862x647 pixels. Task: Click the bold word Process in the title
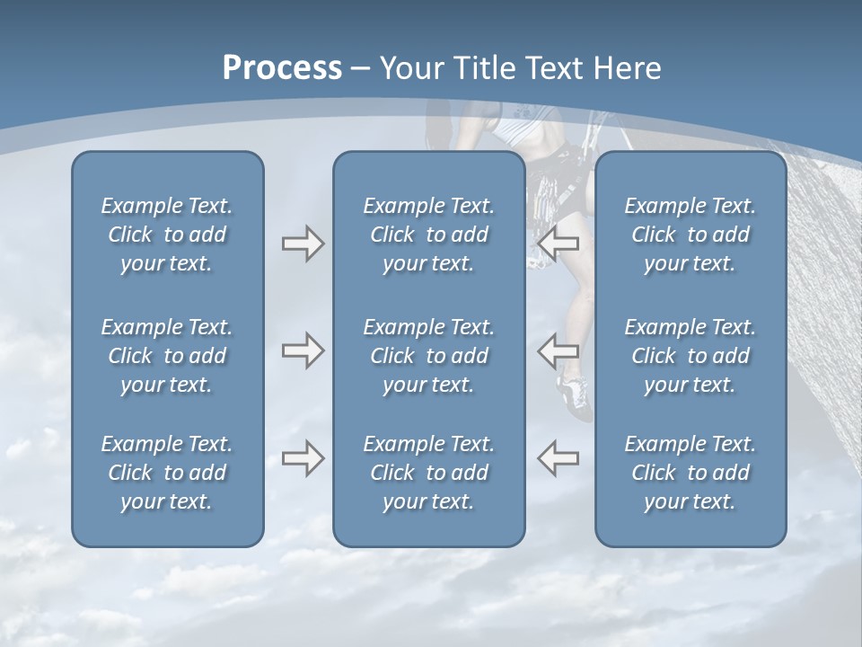282,68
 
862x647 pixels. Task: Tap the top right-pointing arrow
303,244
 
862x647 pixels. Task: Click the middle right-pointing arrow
303,350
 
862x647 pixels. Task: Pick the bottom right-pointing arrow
303,458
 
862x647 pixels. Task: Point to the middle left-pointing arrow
559,350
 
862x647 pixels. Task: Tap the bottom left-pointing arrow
559,458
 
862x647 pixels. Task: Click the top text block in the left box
167,235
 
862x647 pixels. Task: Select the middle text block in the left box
167,356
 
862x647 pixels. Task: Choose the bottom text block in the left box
167,473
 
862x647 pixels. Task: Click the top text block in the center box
428,235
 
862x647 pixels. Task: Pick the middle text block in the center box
428,356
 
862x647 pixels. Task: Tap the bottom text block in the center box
428,473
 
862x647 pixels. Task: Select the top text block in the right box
690,235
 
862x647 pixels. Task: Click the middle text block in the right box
690,356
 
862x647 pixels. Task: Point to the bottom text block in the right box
690,473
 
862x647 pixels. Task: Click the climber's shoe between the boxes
575,395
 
